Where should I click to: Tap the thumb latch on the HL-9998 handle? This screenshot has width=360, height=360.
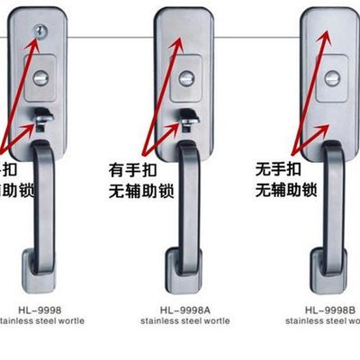pyautogui.click(x=41, y=116)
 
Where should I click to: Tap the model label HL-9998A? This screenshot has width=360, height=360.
pyautogui.click(x=186, y=308)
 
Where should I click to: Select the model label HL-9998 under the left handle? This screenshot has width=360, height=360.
pyautogui.click(x=40, y=308)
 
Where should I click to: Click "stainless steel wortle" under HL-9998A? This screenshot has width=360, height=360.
pyautogui.click(x=186, y=320)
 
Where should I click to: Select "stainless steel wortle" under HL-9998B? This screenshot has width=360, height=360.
pyautogui.click(x=323, y=320)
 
